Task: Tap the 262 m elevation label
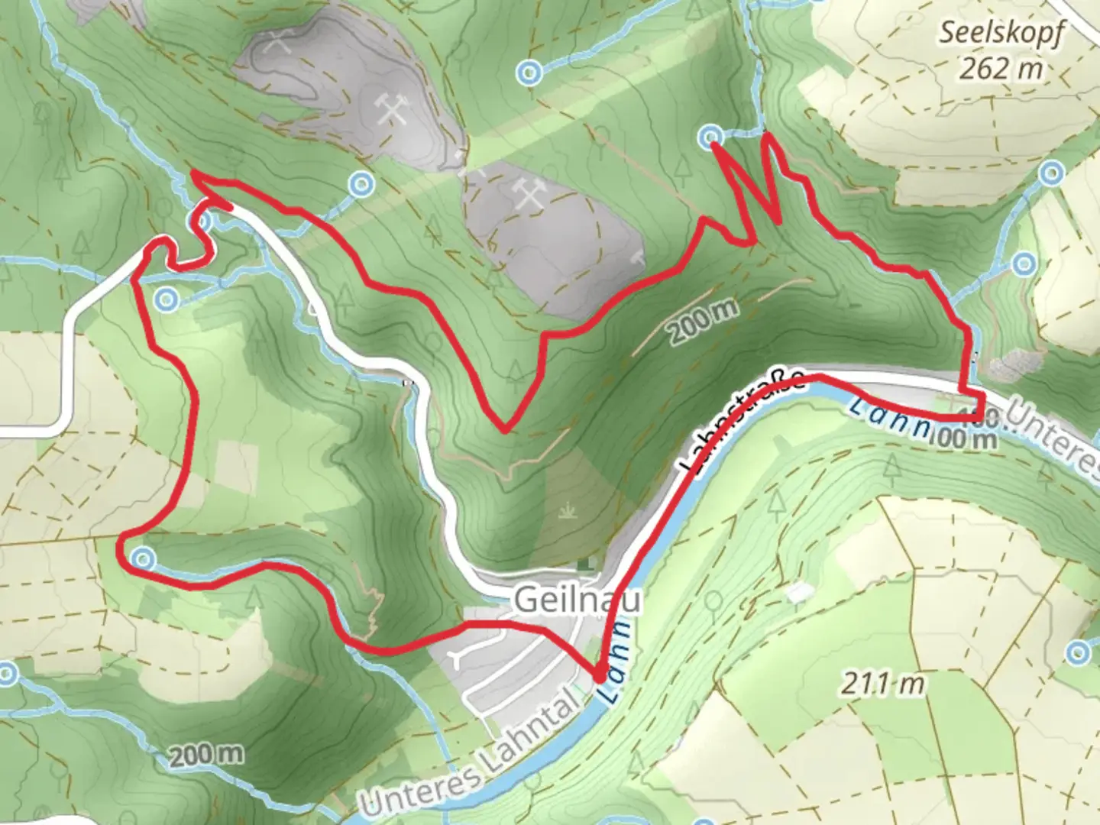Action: coord(1001,69)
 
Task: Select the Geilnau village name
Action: coord(577,600)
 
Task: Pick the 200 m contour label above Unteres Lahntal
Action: coord(206,755)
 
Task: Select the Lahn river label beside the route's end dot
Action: coord(617,662)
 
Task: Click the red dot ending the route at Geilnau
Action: coord(600,675)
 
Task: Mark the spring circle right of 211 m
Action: coord(1077,652)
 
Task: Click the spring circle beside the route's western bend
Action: coord(143,559)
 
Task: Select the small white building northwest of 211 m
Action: coord(799,592)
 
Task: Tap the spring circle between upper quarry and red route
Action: coord(361,183)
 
